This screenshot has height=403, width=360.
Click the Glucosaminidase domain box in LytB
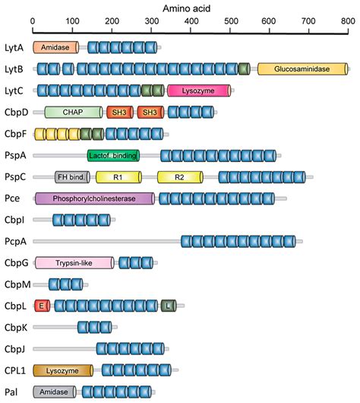pos(303,69)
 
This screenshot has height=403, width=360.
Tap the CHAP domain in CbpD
pos(74,113)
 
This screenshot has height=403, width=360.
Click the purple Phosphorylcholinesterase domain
pos(94,198)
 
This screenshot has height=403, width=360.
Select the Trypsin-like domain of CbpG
pos(74,263)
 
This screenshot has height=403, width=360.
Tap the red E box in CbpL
pos(43,306)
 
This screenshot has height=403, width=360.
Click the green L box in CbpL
pos(167,306)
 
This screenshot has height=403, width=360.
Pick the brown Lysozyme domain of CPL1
pos(63,370)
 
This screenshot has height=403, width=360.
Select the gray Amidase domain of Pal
pos(55,392)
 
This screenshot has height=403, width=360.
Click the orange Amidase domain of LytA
pos(55,48)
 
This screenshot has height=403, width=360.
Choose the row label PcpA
pos(15,242)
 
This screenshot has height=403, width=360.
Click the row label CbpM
pos(16,284)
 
